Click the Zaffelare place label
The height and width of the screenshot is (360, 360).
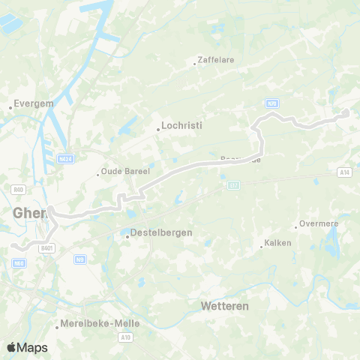(x=212, y=58)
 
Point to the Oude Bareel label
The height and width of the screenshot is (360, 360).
(x=125, y=172)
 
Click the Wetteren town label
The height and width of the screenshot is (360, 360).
(x=224, y=307)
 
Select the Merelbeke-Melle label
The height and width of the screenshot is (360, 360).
(x=91, y=323)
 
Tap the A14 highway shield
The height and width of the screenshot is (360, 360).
(x=344, y=172)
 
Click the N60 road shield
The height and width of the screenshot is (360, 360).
(x=19, y=262)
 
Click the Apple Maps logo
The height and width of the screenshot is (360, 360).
(x=27, y=347)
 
